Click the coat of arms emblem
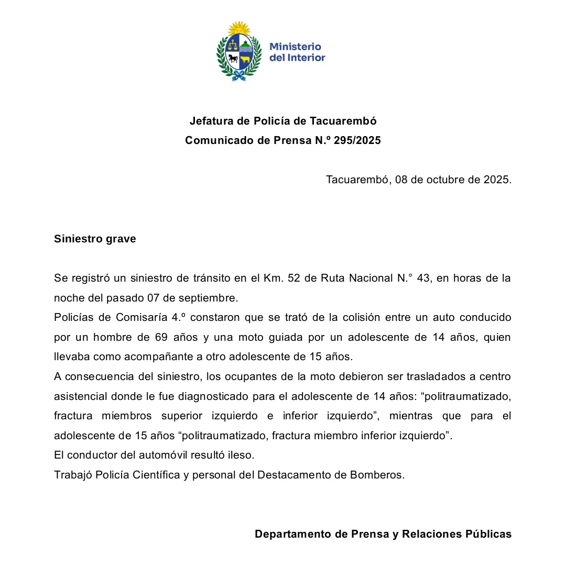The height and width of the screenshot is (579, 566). click(x=239, y=53)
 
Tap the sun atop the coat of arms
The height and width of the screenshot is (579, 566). click(x=240, y=29)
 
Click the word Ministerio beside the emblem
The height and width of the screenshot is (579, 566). click(x=295, y=47)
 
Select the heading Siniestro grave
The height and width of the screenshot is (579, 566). click(x=95, y=239)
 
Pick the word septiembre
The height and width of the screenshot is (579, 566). click(x=208, y=298)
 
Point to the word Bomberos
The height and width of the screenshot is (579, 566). click(x=380, y=475)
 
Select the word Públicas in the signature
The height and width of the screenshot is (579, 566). click(x=485, y=535)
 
